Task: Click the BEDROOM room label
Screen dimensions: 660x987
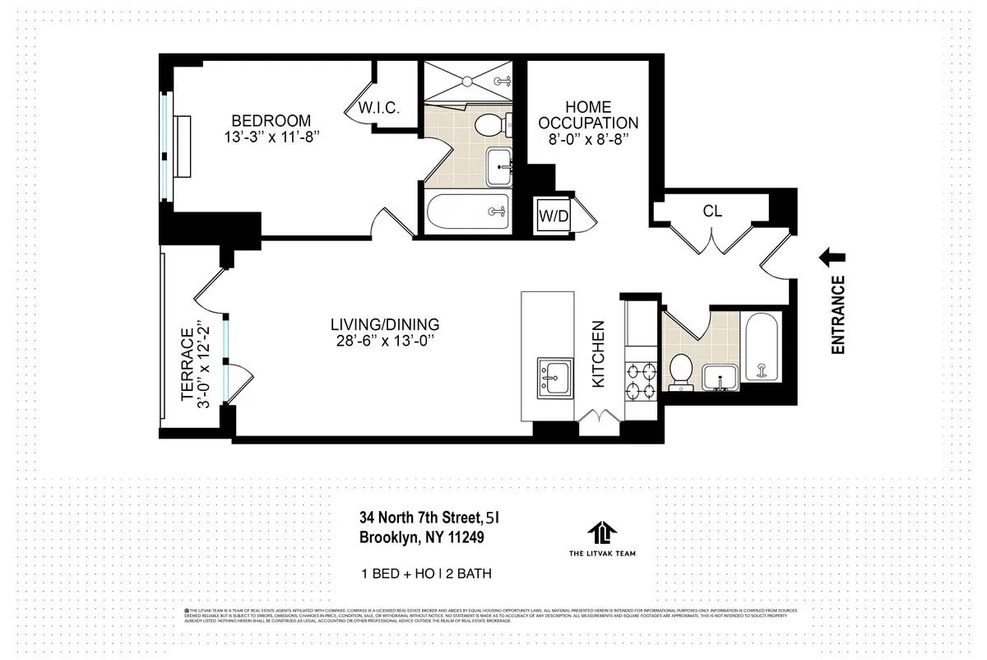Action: (x=270, y=119)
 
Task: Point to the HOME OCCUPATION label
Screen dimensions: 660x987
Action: (x=590, y=115)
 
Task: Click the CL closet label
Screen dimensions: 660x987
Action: (x=712, y=211)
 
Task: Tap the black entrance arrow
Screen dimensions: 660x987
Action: (x=834, y=258)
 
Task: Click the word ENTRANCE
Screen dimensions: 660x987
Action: (x=838, y=315)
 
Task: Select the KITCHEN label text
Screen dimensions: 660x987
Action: (x=599, y=354)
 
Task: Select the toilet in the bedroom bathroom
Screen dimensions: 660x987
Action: (x=489, y=127)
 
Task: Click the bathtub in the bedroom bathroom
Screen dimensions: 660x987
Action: (x=467, y=212)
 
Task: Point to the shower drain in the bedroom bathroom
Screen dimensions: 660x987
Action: (x=467, y=81)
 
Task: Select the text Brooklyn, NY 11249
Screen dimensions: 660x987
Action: (x=421, y=538)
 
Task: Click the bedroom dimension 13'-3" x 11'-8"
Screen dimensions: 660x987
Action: (x=271, y=137)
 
